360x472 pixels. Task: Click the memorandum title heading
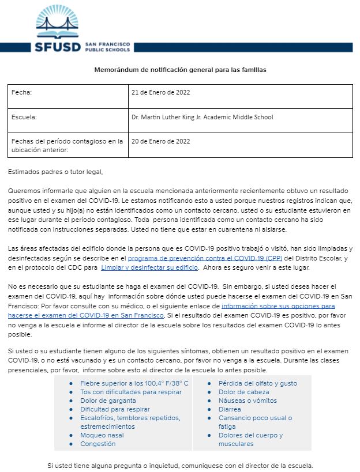pyautogui.click(x=181, y=70)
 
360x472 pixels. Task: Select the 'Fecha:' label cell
pyautogui.click(x=22, y=92)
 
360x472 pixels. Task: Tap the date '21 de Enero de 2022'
pyautogui.click(x=161, y=92)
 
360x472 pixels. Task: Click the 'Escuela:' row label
pyautogui.click(x=24, y=117)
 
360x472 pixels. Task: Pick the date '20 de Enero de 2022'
pyautogui.click(x=161, y=141)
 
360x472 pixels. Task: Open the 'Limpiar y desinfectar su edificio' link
pyautogui.click(x=149, y=268)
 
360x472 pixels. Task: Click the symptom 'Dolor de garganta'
pyautogui.click(x=108, y=401)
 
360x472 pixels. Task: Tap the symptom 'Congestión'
pyautogui.click(x=97, y=444)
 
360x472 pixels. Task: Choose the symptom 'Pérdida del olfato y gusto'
pyautogui.click(x=258, y=383)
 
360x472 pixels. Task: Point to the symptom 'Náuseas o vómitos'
pyautogui.click(x=247, y=401)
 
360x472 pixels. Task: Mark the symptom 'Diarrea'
pyautogui.click(x=230, y=409)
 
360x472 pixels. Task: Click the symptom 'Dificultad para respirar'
pyautogui.click(x=115, y=409)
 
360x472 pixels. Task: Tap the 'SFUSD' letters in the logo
pyautogui.click(x=59, y=47)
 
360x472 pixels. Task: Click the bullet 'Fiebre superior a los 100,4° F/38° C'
pyautogui.click(x=134, y=383)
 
